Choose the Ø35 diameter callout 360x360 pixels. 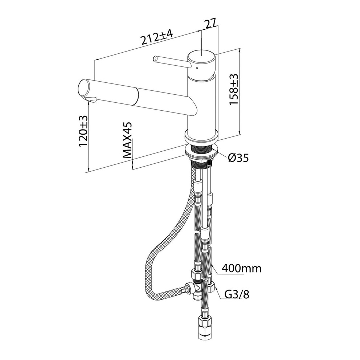point(238,158)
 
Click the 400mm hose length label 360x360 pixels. point(241,268)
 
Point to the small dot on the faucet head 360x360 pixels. point(197,68)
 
